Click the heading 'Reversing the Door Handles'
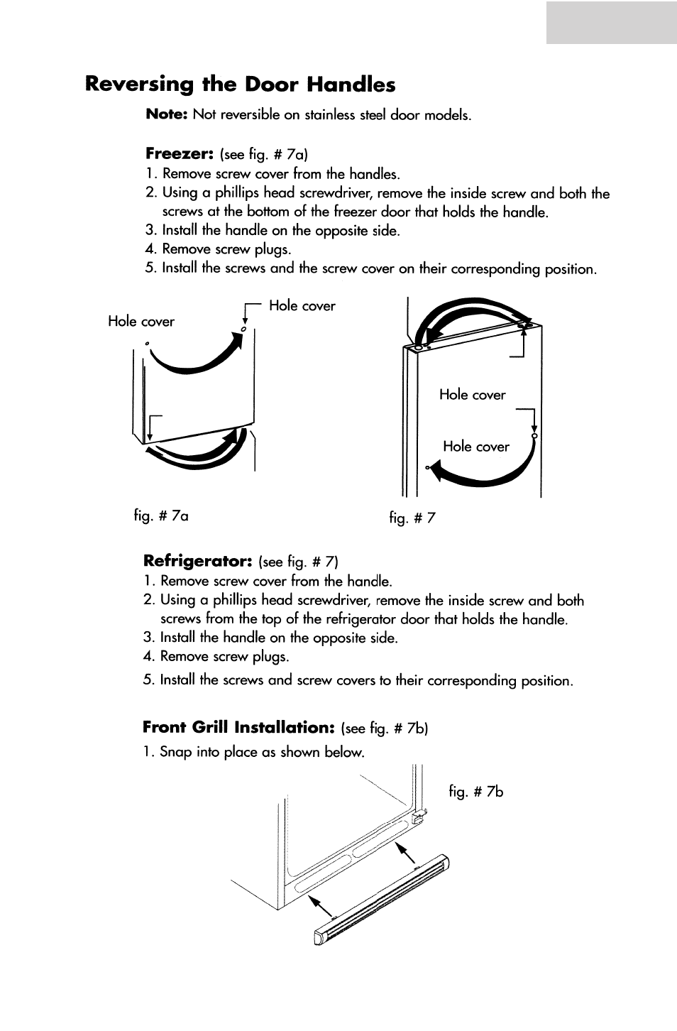point(240,84)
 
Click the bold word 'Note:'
point(166,114)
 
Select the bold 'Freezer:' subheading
point(179,153)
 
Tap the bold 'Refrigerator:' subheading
point(198,561)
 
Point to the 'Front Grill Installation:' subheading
point(238,727)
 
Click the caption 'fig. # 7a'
point(161,515)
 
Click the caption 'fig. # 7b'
point(475,791)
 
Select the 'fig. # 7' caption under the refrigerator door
point(412,518)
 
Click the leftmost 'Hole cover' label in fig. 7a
point(141,322)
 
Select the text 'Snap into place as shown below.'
point(262,752)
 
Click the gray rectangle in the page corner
point(611,22)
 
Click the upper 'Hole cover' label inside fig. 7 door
point(472,395)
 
